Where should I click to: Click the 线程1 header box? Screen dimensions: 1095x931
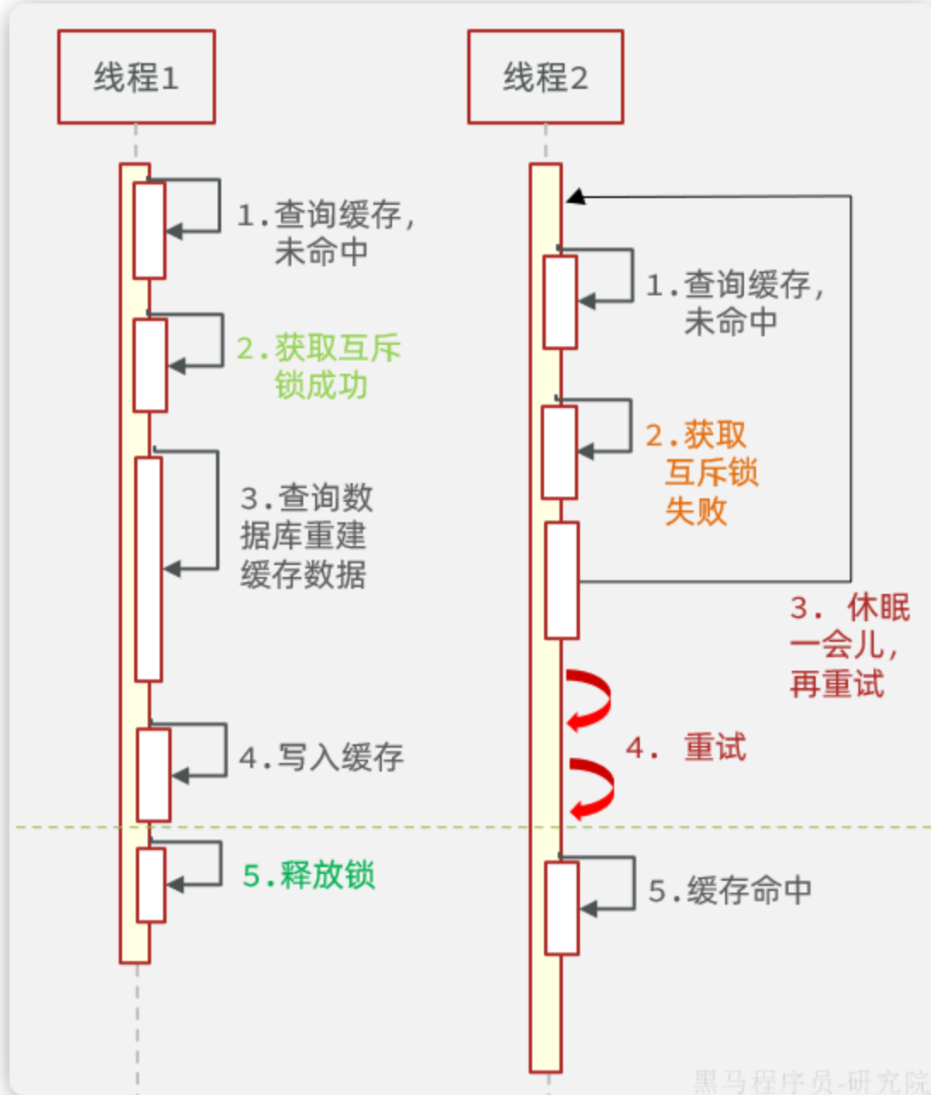(x=136, y=77)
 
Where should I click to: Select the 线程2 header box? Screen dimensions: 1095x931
(x=545, y=77)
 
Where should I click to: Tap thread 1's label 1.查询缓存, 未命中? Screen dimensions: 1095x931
(x=325, y=232)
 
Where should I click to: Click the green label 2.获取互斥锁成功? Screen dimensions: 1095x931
(x=319, y=366)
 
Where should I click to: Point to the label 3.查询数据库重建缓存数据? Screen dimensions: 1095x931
(x=306, y=536)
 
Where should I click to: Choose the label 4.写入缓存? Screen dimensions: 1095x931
(x=321, y=757)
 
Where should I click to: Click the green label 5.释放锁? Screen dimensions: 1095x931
(x=309, y=876)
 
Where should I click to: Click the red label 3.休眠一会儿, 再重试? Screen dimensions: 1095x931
(x=847, y=646)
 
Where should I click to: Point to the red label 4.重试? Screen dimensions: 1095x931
(x=686, y=748)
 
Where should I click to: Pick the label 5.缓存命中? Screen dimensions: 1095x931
(x=729, y=890)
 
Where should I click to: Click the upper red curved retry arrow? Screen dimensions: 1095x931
(x=588, y=700)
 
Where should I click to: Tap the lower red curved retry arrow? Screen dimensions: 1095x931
(x=591, y=789)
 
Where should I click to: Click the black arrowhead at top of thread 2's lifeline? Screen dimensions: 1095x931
(x=577, y=197)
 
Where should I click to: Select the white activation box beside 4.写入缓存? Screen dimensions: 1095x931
(x=154, y=774)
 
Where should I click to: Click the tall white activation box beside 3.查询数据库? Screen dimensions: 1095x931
(x=149, y=568)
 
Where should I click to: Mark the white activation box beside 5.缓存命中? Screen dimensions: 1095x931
(x=562, y=907)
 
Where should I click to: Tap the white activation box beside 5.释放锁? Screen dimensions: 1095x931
(x=151, y=884)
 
